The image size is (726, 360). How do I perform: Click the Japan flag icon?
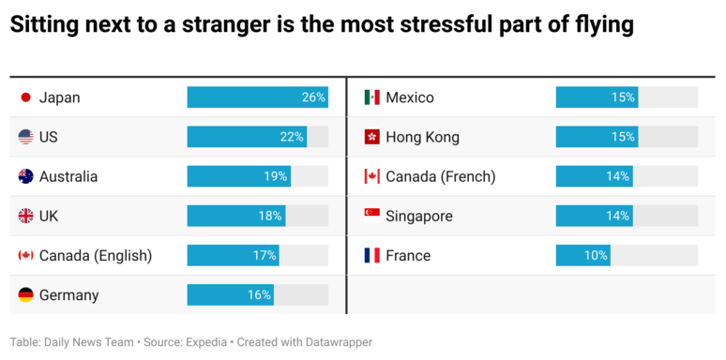[x=26, y=97]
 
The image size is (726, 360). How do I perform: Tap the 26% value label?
[x=313, y=97]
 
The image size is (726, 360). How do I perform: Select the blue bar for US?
[x=246, y=137]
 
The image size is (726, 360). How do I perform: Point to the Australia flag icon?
[x=26, y=176]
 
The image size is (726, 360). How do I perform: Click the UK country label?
[x=49, y=216]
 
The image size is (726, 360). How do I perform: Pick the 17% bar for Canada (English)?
[x=233, y=255]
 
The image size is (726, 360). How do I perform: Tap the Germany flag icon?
[x=26, y=295]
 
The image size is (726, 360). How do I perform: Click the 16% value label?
[x=260, y=295]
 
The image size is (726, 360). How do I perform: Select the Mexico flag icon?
[x=371, y=97]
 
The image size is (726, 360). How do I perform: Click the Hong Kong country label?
[x=422, y=137]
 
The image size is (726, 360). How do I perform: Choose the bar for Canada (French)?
[x=593, y=176]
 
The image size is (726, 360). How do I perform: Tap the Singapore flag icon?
[x=371, y=216]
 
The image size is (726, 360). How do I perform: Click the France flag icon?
[x=371, y=255]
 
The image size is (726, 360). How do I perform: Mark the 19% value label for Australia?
[x=276, y=176]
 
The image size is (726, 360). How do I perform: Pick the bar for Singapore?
[x=593, y=216]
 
